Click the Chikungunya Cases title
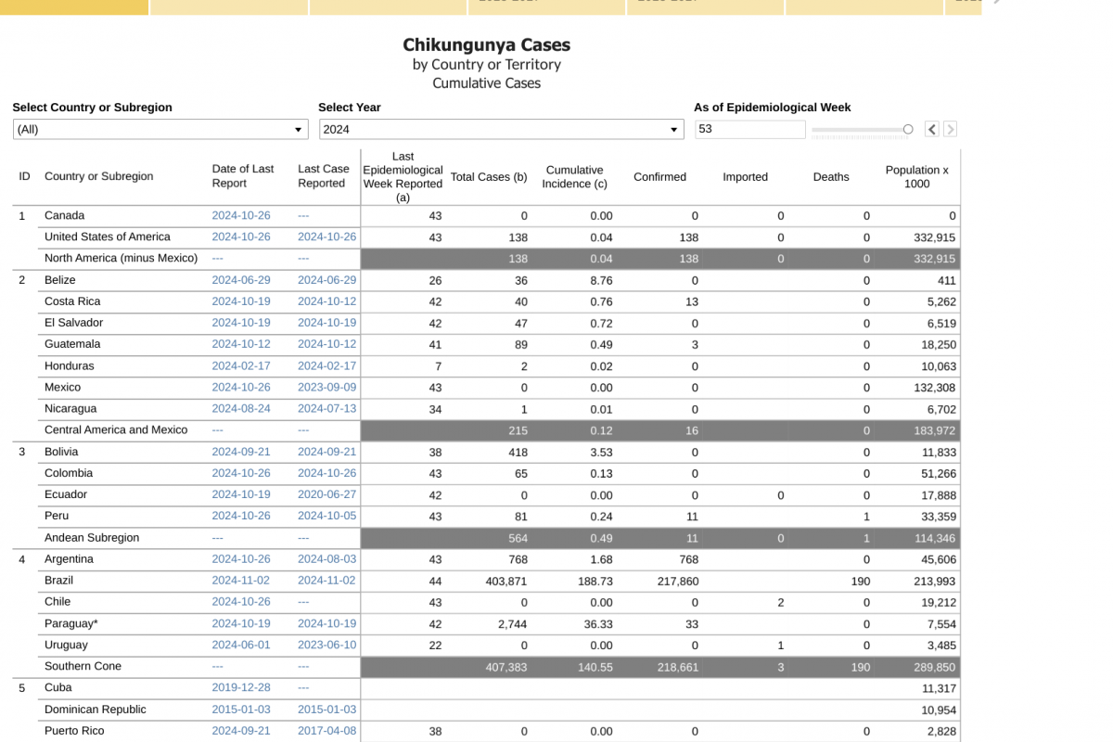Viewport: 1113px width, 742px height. coord(486,45)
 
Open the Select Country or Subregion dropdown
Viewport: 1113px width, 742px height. coord(160,129)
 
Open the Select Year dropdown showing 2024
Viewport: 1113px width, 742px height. coord(502,129)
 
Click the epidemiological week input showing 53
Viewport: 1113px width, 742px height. coord(749,129)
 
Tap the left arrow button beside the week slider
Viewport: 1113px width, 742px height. coord(931,129)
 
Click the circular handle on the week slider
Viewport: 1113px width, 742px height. coord(908,129)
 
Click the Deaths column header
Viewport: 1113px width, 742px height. coord(831,177)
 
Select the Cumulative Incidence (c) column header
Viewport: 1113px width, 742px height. coord(574,177)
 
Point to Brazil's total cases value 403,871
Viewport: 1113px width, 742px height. coord(505,581)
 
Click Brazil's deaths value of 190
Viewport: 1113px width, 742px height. coord(860,581)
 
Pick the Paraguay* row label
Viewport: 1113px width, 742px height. coord(71,623)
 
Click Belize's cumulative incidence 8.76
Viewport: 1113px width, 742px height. coord(601,280)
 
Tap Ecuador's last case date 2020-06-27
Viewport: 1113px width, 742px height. coord(326,494)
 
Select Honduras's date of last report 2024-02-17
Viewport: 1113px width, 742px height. coord(241,366)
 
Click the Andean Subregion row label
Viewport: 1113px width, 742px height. coord(92,538)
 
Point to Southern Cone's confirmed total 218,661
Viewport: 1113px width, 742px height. coord(678,667)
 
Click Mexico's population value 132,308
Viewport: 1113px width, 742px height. coord(935,388)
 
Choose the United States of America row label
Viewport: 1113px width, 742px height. coord(108,237)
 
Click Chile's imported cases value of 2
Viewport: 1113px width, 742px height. coord(781,602)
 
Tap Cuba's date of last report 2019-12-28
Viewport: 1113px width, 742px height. coord(241,688)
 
